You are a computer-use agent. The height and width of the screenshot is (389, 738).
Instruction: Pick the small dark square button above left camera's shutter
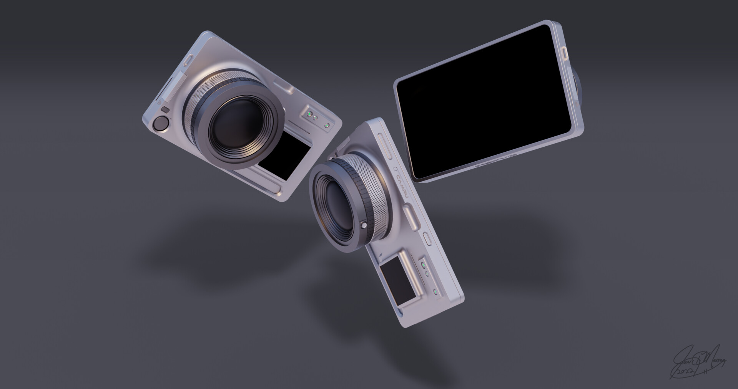pyautogui.click(x=165, y=110)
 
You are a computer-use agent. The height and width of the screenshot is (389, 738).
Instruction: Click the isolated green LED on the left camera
pyautogui.click(x=326, y=125)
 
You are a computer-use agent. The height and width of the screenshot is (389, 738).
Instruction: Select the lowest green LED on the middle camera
pyautogui.click(x=435, y=292)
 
